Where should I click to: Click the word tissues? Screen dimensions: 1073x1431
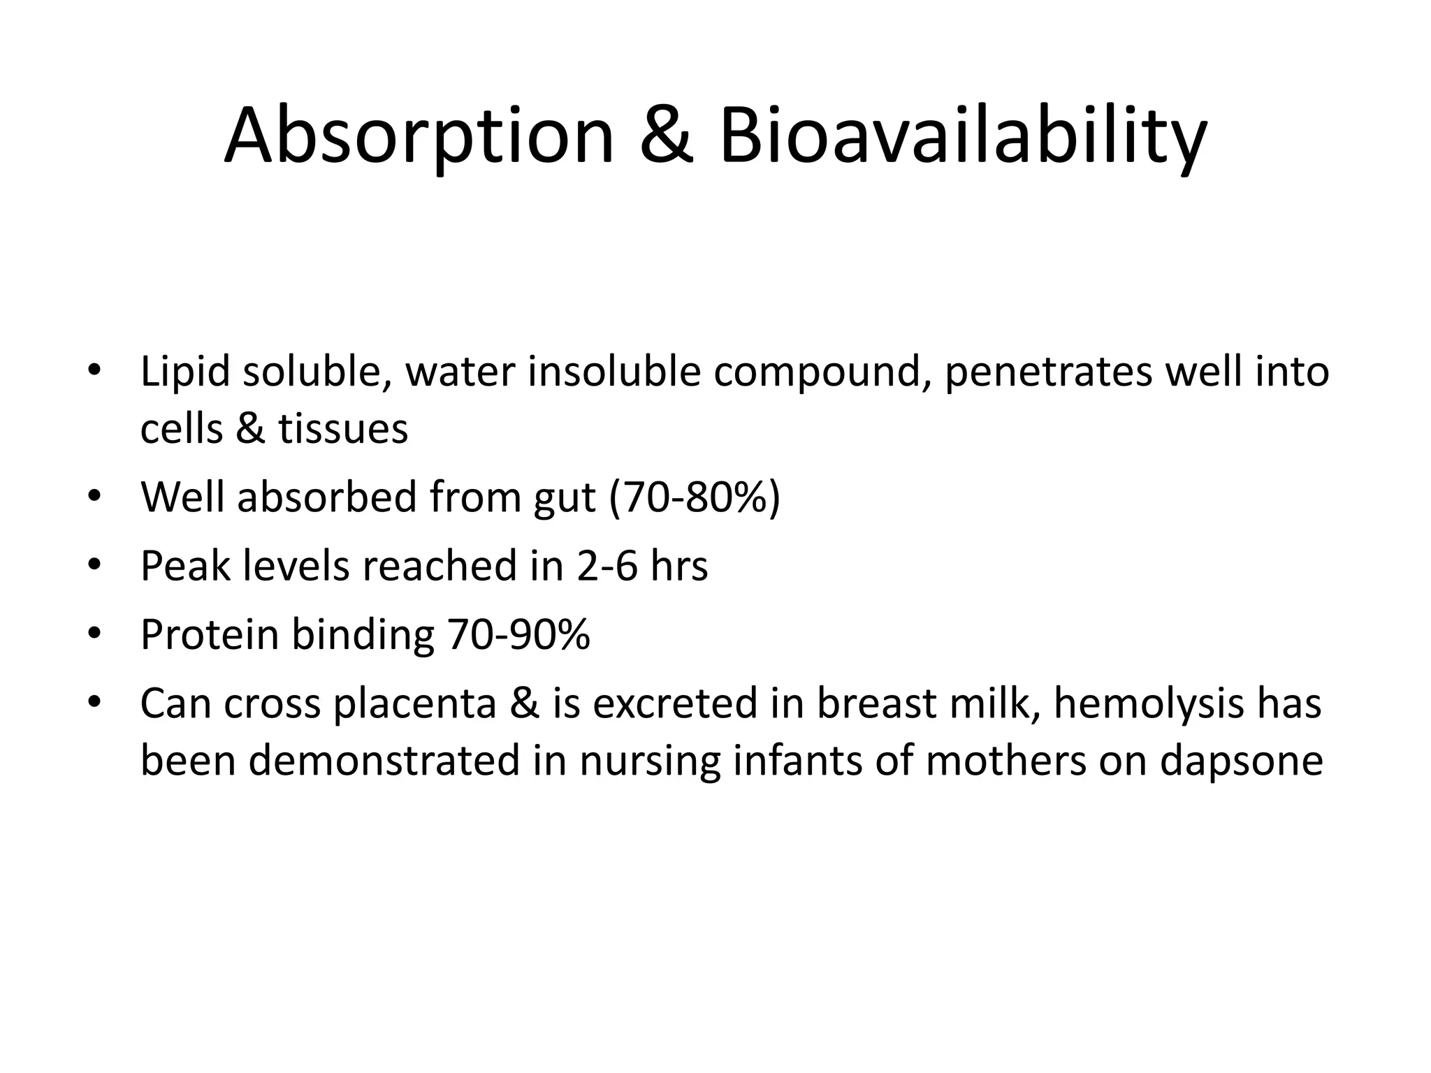tap(343, 429)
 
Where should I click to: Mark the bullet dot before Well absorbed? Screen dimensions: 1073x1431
tap(95, 497)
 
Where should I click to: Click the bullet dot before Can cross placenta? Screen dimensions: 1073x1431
tap(95, 702)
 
